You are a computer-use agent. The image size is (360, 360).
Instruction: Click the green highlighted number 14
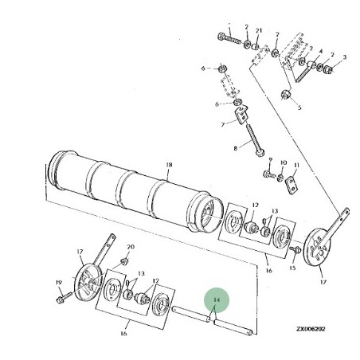click(217, 299)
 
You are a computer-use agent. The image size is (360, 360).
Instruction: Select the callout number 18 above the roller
click(169, 165)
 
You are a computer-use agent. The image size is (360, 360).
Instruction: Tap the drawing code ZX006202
click(311, 329)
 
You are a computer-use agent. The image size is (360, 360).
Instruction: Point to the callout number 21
click(259, 31)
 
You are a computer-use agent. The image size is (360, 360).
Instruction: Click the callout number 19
click(59, 283)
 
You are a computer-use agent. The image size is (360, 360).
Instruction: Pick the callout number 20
click(131, 247)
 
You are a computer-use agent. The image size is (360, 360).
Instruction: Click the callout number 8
click(236, 148)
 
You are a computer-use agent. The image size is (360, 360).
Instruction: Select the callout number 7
click(223, 124)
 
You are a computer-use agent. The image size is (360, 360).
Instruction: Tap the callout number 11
click(296, 166)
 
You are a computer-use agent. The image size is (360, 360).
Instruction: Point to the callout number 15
click(292, 268)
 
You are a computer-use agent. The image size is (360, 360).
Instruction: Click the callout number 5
click(299, 108)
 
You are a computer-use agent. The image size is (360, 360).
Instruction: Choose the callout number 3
click(345, 57)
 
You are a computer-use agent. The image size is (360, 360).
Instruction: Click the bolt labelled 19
click(64, 298)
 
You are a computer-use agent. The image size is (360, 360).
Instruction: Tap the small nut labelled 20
click(123, 262)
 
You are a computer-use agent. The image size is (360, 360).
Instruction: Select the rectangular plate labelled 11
click(292, 185)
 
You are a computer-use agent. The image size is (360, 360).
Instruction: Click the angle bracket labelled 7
click(241, 115)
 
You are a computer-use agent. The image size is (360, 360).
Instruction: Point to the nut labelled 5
click(286, 94)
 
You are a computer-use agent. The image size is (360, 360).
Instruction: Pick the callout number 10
click(284, 162)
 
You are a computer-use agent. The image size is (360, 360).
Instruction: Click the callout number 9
click(271, 160)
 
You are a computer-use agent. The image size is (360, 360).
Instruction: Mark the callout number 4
click(321, 51)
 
